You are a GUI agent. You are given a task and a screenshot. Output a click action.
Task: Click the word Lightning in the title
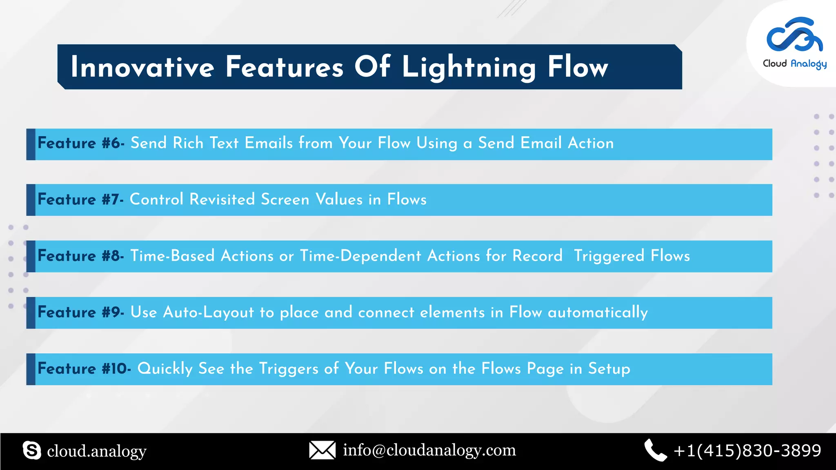click(x=469, y=68)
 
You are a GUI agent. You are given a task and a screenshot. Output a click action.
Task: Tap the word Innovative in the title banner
click(x=142, y=67)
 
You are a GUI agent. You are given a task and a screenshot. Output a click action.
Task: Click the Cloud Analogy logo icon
click(x=794, y=34)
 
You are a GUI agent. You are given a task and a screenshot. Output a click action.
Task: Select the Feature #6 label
click(x=81, y=143)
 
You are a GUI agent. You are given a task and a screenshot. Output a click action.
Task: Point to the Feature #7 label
click(x=80, y=200)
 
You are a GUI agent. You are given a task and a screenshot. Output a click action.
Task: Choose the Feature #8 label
click(x=80, y=256)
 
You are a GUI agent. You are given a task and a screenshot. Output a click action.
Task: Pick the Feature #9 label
click(x=80, y=312)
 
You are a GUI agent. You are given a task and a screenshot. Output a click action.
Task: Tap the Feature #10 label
click(x=84, y=368)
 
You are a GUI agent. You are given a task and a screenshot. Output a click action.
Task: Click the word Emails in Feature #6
click(x=269, y=143)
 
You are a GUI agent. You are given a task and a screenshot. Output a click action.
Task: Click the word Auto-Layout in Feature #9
click(x=208, y=312)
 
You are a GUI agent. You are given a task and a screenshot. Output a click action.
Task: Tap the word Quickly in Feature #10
click(x=165, y=369)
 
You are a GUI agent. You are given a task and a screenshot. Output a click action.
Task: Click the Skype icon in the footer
click(x=32, y=450)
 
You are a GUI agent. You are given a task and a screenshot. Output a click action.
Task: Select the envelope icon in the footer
click(x=322, y=450)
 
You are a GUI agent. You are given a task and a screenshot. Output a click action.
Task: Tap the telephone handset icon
click(x=655, y=450)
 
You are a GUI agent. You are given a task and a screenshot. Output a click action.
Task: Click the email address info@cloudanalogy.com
click(x=429, y=450)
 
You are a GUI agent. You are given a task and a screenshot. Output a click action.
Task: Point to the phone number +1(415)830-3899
click(x=747, y=450)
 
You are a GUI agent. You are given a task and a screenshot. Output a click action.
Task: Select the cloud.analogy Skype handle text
click(x=97, y=451)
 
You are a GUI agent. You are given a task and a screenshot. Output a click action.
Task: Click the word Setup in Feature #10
click(x=609, y=369)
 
